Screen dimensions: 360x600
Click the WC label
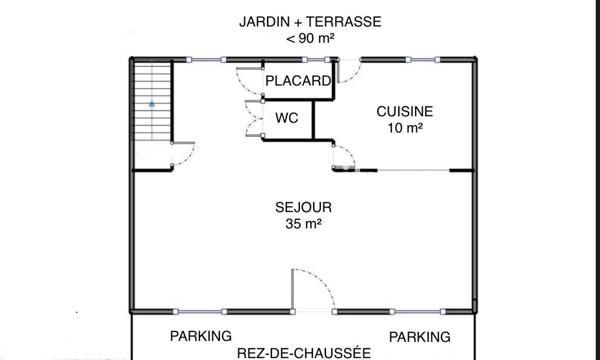coord(287,118)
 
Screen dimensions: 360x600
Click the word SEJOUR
coord(303,207)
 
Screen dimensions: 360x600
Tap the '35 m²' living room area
coord(303,225)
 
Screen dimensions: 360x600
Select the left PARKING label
coord(200,336)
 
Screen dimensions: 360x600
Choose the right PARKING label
coord(419,336)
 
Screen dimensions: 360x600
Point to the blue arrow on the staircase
coord(152,102)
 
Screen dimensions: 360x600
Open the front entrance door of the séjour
coord(312,290)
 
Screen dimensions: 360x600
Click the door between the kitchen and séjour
coord(343,156)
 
